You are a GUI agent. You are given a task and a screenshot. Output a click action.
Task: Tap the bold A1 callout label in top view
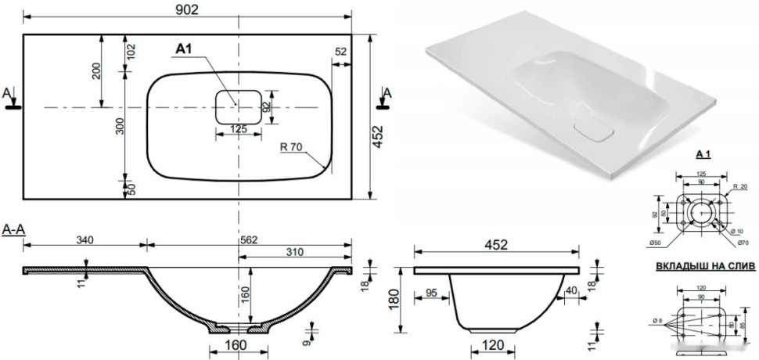click(184, 50)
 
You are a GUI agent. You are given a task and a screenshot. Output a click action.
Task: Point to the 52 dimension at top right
click(341, 52)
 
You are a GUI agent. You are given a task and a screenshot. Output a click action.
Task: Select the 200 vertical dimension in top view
click(95, 71)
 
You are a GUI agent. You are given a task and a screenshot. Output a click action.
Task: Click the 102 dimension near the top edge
click(131, 52)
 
